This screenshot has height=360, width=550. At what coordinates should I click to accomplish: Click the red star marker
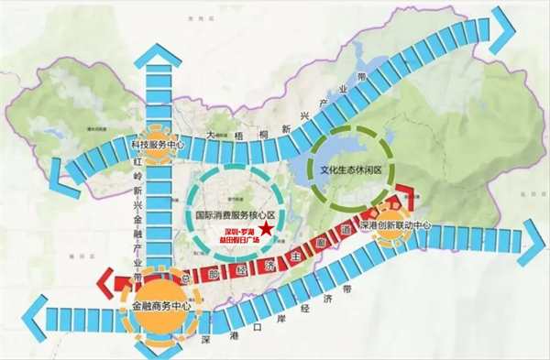point(265,230)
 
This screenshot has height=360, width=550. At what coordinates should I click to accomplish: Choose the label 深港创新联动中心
point(395,225)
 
